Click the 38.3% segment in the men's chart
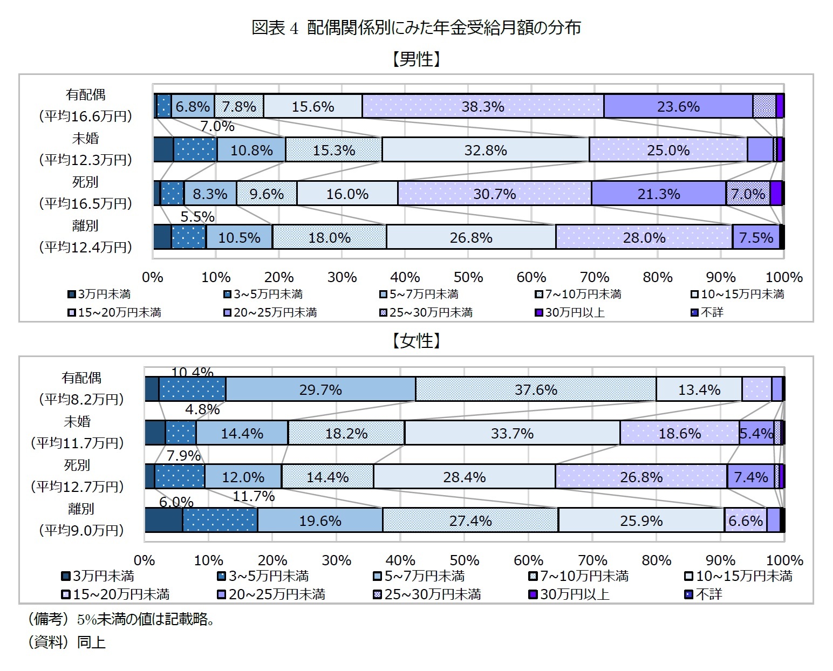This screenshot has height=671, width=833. tap(483, 106)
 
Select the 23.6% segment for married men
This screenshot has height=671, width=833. tap(678, 106)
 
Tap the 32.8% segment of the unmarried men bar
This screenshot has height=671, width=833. tap(486, 150)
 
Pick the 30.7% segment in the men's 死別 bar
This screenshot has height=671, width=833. tap(494, 194)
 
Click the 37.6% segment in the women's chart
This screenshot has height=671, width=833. tap(536, 389)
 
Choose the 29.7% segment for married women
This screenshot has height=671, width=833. tap(320, 389)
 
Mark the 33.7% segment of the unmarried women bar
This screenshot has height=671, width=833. tap(512, 433)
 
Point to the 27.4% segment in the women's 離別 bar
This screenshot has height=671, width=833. tap(470, 521)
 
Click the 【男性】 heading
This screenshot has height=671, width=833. tap(416, 59)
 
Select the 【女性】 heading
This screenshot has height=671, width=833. tap(416, 341)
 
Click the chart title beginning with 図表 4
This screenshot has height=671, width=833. tap(416, 28)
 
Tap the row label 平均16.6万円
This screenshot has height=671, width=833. tap(85, 116)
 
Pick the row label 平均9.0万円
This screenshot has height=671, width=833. tap(81, 530)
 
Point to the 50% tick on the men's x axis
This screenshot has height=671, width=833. tap(468, 277)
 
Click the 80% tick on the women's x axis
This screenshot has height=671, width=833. tap(657, 560)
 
